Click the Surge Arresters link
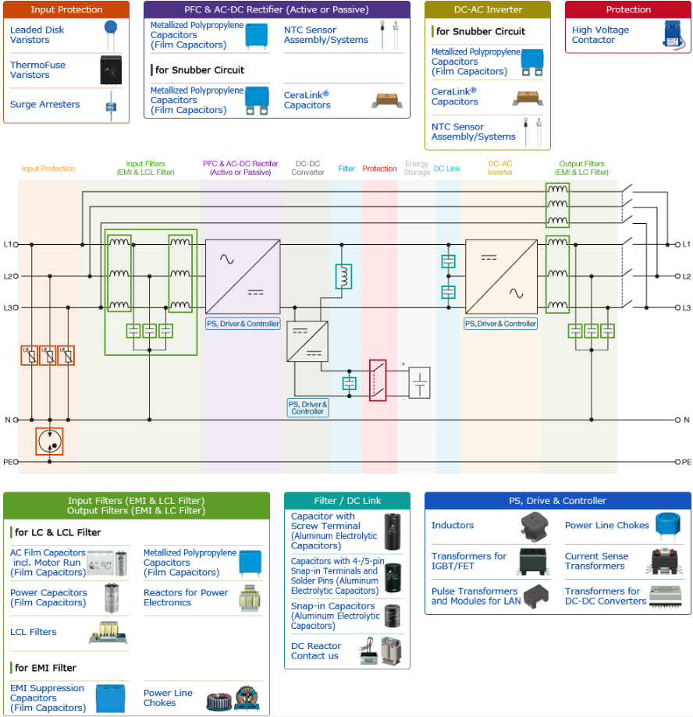click(44, 105)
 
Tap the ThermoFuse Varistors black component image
click(111, 70)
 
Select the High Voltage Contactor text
click(600, 35)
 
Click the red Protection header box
click(628, 9)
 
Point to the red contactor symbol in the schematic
click(378, 381)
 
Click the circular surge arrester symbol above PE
click(49, 442)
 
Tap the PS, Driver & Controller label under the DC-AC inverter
click(500, 324)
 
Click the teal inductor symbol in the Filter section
click(343, 276)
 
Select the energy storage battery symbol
click(419, 383)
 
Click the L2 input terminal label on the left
click(11, 276)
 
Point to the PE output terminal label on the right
click(684, 462)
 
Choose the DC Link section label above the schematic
click(447, 169)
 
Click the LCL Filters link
click(34, 632)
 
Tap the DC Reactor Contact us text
click(316, 651)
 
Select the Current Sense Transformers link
click(596, 561)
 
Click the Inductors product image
click(535, 526)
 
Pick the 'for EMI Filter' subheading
click(45, 668)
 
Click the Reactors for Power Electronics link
click(186, 597)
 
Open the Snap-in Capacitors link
click(336, 616)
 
